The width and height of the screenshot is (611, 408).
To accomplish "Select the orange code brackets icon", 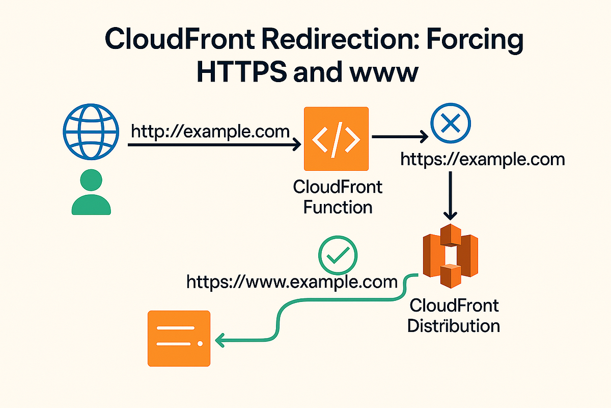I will (x=336, y=139).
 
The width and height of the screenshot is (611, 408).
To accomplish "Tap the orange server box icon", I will (x=179, y=338).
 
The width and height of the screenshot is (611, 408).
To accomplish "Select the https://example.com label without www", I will (x=483, y=159).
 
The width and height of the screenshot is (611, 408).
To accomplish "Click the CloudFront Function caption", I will (x=338, y=197).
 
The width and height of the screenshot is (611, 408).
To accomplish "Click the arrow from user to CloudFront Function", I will (x=214, y=146).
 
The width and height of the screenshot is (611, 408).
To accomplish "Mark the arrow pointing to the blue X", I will (x=400, y=137).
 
